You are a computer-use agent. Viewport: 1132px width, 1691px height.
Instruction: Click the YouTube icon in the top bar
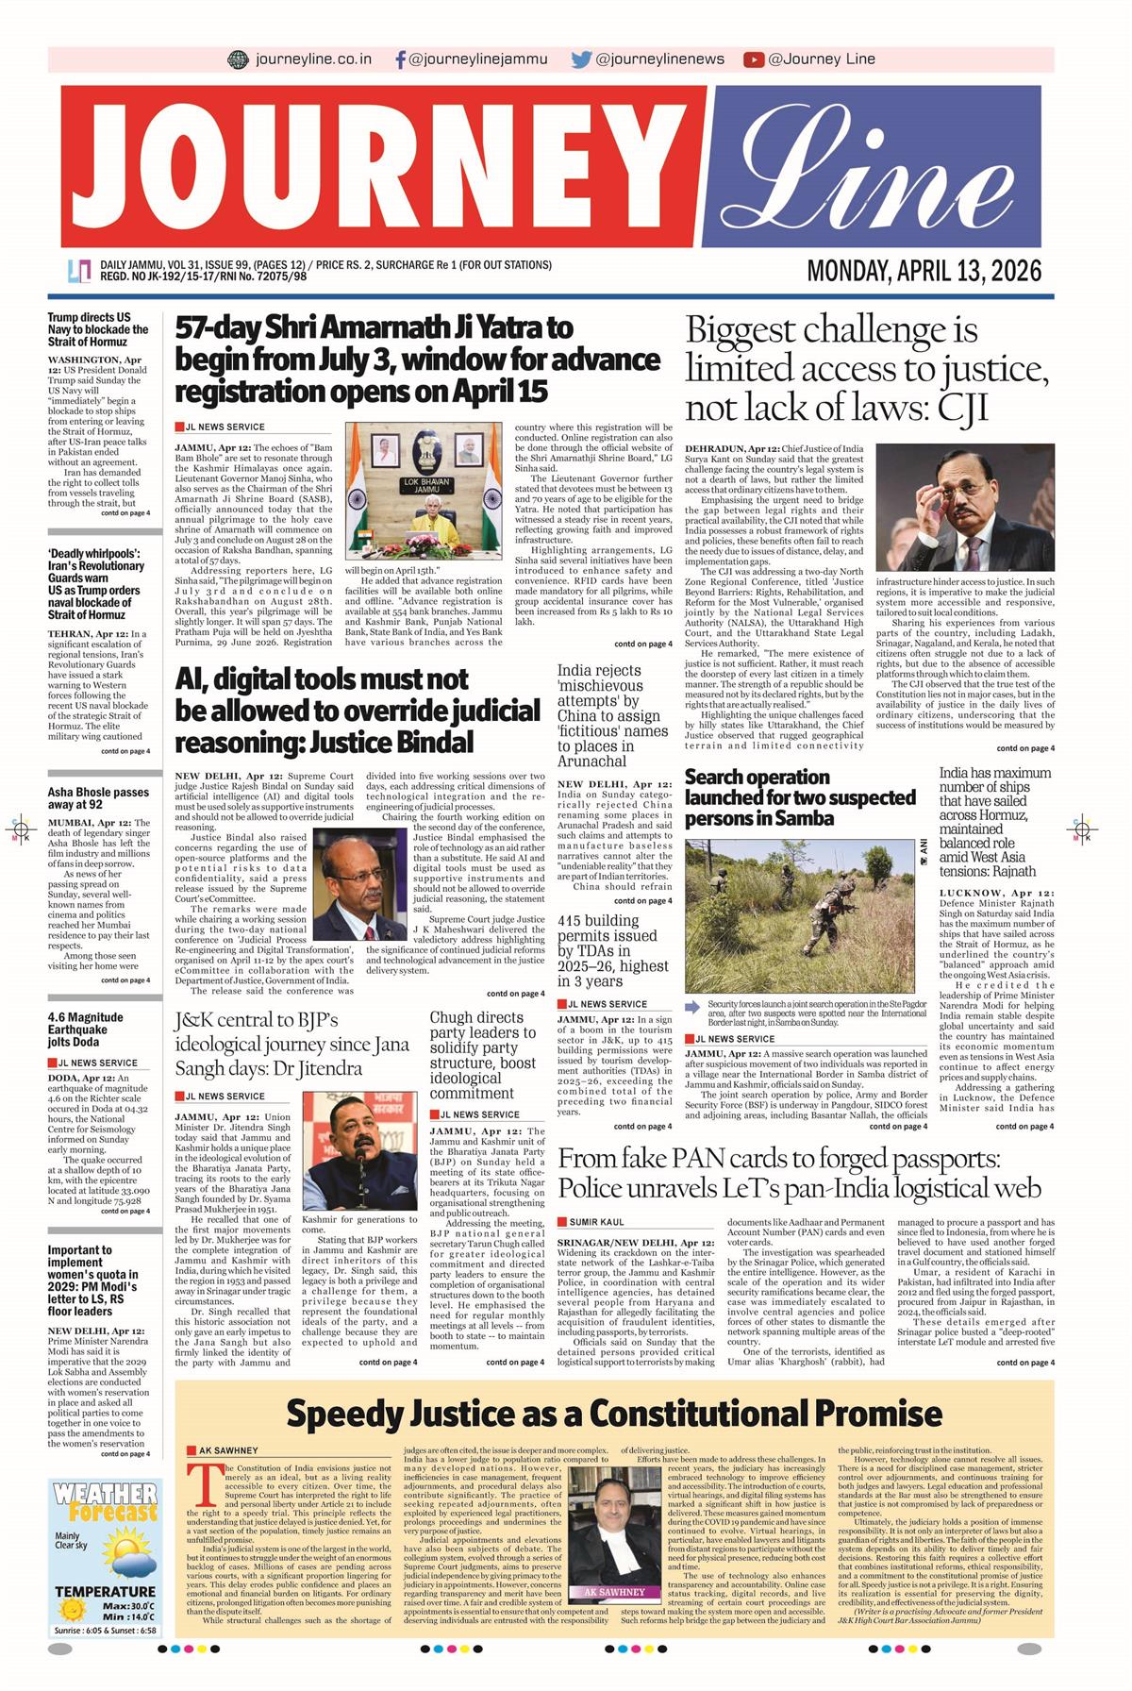(x=753, y=59)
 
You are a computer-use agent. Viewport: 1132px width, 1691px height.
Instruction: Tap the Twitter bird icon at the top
(x=581, y=59)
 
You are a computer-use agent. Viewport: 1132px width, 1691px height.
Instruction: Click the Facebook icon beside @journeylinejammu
(x=401, y=59)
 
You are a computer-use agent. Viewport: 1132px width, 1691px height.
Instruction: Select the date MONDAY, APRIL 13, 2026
(x=924, y=272)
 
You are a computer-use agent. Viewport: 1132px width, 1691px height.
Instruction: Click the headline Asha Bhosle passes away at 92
(x=98, y=798)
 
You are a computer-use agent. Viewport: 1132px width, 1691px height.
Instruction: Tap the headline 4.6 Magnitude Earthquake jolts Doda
(x=86, y=1030)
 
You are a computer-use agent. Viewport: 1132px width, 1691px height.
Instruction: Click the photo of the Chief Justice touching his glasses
(x=965, y=509)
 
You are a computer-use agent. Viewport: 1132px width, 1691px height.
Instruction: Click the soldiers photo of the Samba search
(x=800, y=915)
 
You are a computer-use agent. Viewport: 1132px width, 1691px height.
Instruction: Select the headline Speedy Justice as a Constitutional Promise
(x=613, y=1414)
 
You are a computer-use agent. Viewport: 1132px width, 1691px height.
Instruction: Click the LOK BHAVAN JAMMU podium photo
(x=424, y=491)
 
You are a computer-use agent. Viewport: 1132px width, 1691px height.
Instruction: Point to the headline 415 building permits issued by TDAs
(x=612, y=950)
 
